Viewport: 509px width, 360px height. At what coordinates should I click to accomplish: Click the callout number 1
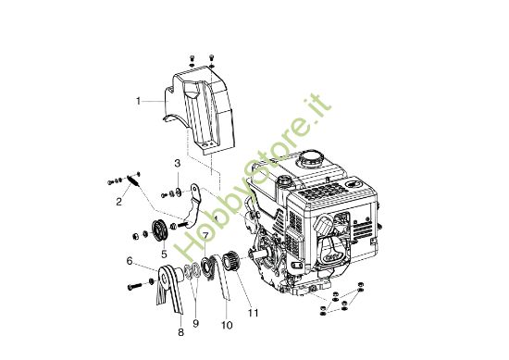pos(139,100)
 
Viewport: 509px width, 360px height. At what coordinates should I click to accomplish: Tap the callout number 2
pos(119,200)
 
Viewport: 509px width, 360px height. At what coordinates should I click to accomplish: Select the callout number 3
pos(178,164)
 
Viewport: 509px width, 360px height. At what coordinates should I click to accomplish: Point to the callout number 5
pos(164,254)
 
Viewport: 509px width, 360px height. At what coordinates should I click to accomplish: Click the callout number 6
pos(130,262)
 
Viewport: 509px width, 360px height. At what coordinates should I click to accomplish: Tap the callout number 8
pos(180,331)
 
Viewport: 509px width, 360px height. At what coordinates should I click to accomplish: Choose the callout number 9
pos(196,324)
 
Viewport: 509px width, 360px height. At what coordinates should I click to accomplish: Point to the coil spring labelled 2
pos(132,182)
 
